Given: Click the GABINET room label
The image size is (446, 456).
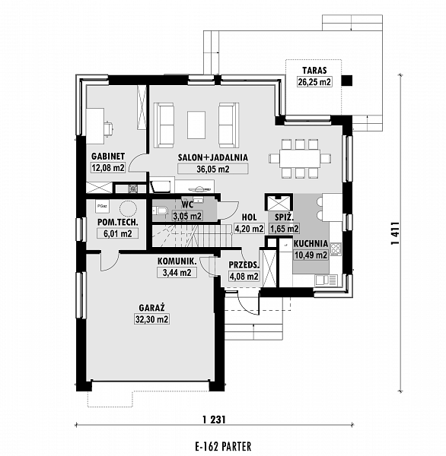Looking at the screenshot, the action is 108,156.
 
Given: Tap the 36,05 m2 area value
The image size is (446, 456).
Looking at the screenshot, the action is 213,169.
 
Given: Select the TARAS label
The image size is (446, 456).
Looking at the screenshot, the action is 314,71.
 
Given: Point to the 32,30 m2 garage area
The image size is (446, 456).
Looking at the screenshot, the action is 151,319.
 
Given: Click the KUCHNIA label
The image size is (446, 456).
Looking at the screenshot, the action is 311,244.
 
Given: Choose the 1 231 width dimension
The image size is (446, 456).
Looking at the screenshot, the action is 214,420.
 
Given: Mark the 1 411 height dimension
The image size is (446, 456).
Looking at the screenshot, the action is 395,233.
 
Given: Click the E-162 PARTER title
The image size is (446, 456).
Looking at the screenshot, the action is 223,446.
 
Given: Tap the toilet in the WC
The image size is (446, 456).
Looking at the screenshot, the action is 160,210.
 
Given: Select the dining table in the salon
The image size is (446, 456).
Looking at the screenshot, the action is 300,159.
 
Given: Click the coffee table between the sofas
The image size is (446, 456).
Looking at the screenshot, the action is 196,125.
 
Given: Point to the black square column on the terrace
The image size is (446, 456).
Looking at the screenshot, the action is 346,81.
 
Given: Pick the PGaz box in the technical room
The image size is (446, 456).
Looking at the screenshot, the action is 102,206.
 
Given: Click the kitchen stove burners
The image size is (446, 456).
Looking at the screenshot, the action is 336,249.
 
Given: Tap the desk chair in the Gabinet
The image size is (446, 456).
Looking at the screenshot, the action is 109,128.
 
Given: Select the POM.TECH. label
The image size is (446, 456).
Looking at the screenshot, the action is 117,223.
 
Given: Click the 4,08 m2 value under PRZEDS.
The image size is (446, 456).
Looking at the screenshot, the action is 244,277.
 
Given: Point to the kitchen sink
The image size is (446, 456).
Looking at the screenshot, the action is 327,280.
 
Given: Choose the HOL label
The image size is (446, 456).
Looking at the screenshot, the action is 249,217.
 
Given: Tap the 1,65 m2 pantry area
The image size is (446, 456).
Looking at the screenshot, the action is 284,229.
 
